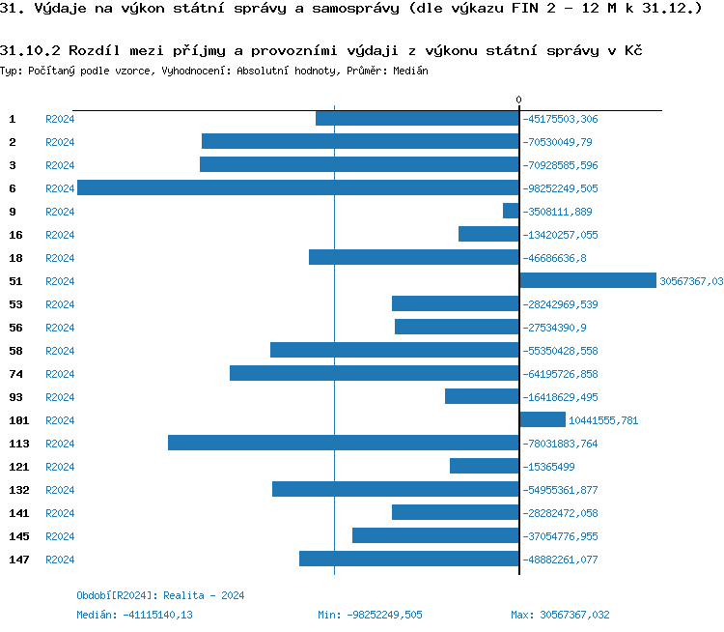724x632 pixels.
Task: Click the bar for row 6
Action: pos(297,187)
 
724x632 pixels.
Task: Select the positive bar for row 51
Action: pos(587,280)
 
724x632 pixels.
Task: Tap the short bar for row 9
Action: pos(511,211)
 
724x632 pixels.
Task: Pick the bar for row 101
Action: pos(543,419)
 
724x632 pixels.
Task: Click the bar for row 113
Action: pos(343,443)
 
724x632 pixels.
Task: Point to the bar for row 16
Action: pos(488,234)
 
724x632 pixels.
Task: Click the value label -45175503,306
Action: pos(561,119)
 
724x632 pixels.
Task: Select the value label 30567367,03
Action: pos(690,281)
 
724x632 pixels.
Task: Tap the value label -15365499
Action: pos(548,467)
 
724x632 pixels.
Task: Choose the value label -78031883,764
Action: pos(561,444)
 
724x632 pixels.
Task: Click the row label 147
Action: pos(19,560)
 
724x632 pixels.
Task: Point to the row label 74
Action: pos(15,374)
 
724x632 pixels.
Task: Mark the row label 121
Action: pos(19,467)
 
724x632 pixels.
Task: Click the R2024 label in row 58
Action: pos(60,351)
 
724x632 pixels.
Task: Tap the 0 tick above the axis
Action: pos(518,100)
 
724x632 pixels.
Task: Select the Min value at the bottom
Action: pos(370,615)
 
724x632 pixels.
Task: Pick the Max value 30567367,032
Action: pos(560,615)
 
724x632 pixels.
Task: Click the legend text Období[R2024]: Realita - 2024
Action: pos(160,595)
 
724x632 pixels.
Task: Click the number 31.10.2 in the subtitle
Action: pos(31,49)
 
